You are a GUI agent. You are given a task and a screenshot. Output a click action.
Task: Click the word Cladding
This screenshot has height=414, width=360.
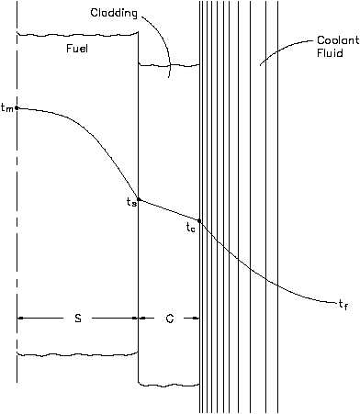click(x=114, y=14)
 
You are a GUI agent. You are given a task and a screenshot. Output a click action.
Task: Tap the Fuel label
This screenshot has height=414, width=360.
click(x=77, y=49)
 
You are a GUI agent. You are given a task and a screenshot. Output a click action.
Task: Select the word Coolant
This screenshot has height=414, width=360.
click(x=338, y=40)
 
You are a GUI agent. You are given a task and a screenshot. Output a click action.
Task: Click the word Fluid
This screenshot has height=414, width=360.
click(x=330, y=53)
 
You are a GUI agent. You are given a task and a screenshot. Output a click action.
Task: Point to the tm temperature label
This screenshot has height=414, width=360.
click(x=6, y=107)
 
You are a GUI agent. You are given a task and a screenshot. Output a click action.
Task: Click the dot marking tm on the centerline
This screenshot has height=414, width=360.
click(x=17, y=107)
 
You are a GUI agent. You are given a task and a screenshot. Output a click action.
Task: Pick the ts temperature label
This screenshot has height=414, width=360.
click(x=131, y=201)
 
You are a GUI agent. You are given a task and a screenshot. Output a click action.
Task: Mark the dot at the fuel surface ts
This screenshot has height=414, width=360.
click(x=139, y=199)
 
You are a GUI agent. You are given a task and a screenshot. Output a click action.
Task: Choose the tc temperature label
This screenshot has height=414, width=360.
click(x=190, y=228)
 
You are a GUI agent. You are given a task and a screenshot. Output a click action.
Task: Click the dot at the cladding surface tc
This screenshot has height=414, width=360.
click(x=199, y=220)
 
